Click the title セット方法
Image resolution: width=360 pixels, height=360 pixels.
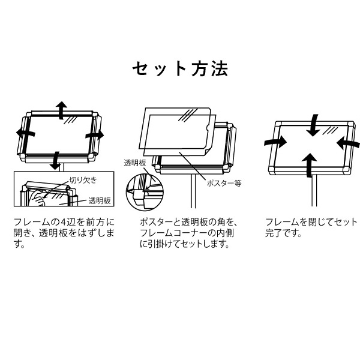pos(180,68)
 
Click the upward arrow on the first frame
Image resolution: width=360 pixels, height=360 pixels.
pos(61,110)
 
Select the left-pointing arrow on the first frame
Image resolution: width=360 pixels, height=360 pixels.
pos(25,133)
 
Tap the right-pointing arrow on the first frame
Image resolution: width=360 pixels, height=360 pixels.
pos(95,135)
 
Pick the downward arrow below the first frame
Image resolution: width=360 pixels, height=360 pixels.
pos(55,160)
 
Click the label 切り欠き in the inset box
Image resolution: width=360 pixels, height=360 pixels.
pos(83,180)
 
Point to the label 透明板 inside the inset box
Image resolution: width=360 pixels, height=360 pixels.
pos(100,200)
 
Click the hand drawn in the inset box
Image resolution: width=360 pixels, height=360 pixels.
pos(38,199)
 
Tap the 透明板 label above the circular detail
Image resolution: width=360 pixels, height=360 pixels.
pos(135,163)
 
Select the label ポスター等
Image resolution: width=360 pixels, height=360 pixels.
pos(224,183)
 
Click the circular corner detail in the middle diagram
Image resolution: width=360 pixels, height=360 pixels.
pos(144,192)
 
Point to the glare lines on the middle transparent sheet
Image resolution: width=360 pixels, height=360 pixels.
pos(188,115)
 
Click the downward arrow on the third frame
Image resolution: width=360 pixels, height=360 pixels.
pos(313,125)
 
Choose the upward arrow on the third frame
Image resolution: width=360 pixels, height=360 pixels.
pos(310,165)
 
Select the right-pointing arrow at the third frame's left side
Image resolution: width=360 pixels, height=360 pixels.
pos(275,142)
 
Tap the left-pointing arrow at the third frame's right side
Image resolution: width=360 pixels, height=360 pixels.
pos(348,143)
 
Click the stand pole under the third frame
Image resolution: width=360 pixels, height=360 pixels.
pos(314,190)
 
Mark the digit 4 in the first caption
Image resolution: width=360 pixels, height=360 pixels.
pos(64,222)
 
